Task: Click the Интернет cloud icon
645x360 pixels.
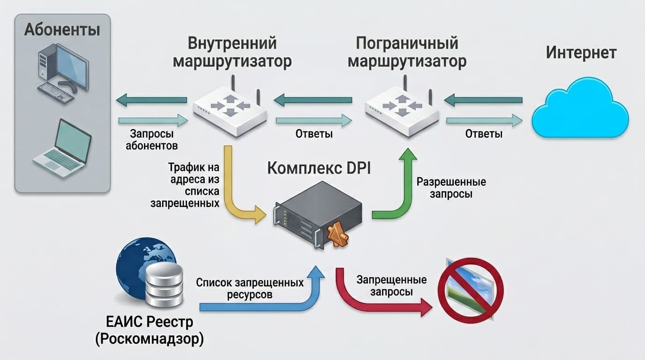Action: click(579, 109)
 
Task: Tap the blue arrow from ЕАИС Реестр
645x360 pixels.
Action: click(262, 305)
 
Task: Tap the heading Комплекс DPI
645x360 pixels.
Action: click(319, 168)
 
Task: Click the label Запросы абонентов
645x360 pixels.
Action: click(151, 140)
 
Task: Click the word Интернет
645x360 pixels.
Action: click(581, 52)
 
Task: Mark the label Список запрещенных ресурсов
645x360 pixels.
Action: click(250, 289)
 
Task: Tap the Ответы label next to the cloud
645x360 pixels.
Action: click(484, 134)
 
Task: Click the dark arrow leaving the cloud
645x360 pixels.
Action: click(483, 100)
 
